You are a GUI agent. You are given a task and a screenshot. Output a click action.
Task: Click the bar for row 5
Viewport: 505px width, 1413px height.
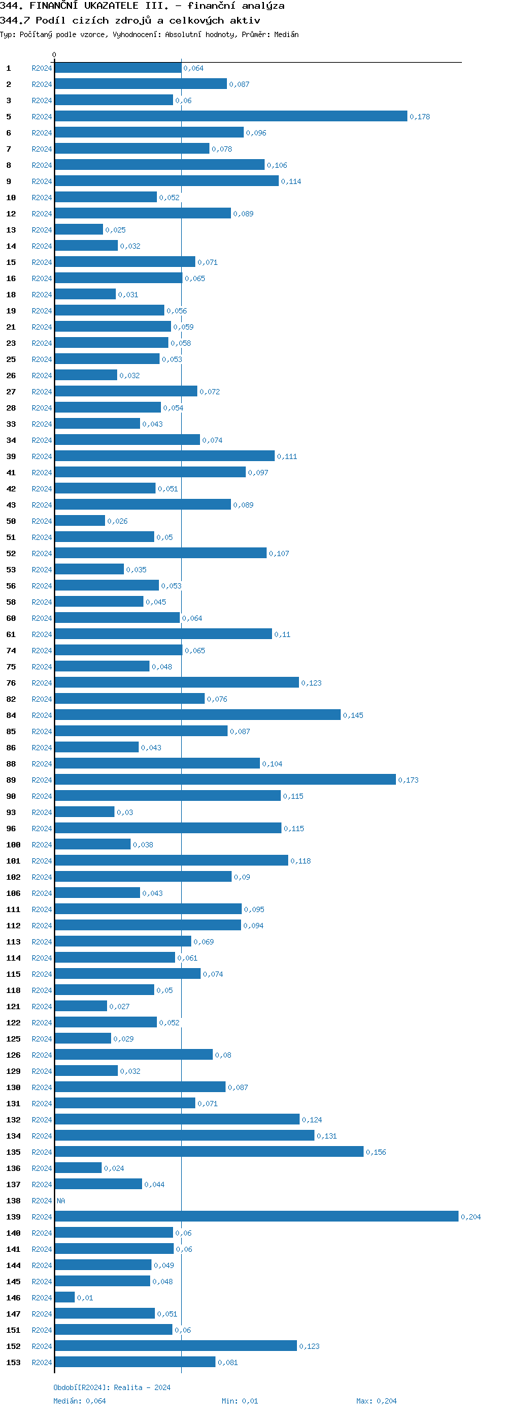point(231,116)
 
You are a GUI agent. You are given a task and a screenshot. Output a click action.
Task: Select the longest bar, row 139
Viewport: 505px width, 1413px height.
point(256,1216)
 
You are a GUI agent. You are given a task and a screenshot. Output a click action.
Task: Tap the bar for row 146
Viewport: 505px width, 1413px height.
point(65,1297)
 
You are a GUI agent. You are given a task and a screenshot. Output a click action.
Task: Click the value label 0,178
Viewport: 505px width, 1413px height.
point(419,117)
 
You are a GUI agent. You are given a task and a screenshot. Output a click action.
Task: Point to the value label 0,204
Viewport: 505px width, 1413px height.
point(471,1217)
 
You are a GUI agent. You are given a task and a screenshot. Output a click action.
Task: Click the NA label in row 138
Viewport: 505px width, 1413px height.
point(61,1201)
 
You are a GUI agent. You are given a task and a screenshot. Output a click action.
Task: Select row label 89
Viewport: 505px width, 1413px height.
point(11,780)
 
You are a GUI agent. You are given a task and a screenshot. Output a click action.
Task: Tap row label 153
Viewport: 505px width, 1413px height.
point(13,1362)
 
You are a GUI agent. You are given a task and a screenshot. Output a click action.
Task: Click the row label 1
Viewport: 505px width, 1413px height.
point(9,68)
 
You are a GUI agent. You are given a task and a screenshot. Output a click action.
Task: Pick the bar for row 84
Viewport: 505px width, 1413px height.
point(197,715)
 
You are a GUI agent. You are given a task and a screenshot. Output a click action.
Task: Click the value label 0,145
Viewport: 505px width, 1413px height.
point(353,715)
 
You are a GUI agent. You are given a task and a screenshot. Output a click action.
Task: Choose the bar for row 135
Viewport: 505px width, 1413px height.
point(209,1151)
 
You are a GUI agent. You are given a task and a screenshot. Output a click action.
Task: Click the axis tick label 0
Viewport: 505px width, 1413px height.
point(55,55)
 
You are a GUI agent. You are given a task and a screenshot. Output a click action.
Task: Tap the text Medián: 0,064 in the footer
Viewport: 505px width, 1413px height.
point(79,1401)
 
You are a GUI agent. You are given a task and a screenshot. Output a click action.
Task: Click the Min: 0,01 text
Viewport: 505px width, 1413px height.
point(240,1401)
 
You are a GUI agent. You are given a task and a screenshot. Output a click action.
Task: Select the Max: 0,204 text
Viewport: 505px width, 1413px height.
point(376,1401)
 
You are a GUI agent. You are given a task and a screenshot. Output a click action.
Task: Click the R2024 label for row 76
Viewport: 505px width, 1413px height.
point(42,683)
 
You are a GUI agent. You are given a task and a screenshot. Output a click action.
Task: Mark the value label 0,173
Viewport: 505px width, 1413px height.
point(408,780)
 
